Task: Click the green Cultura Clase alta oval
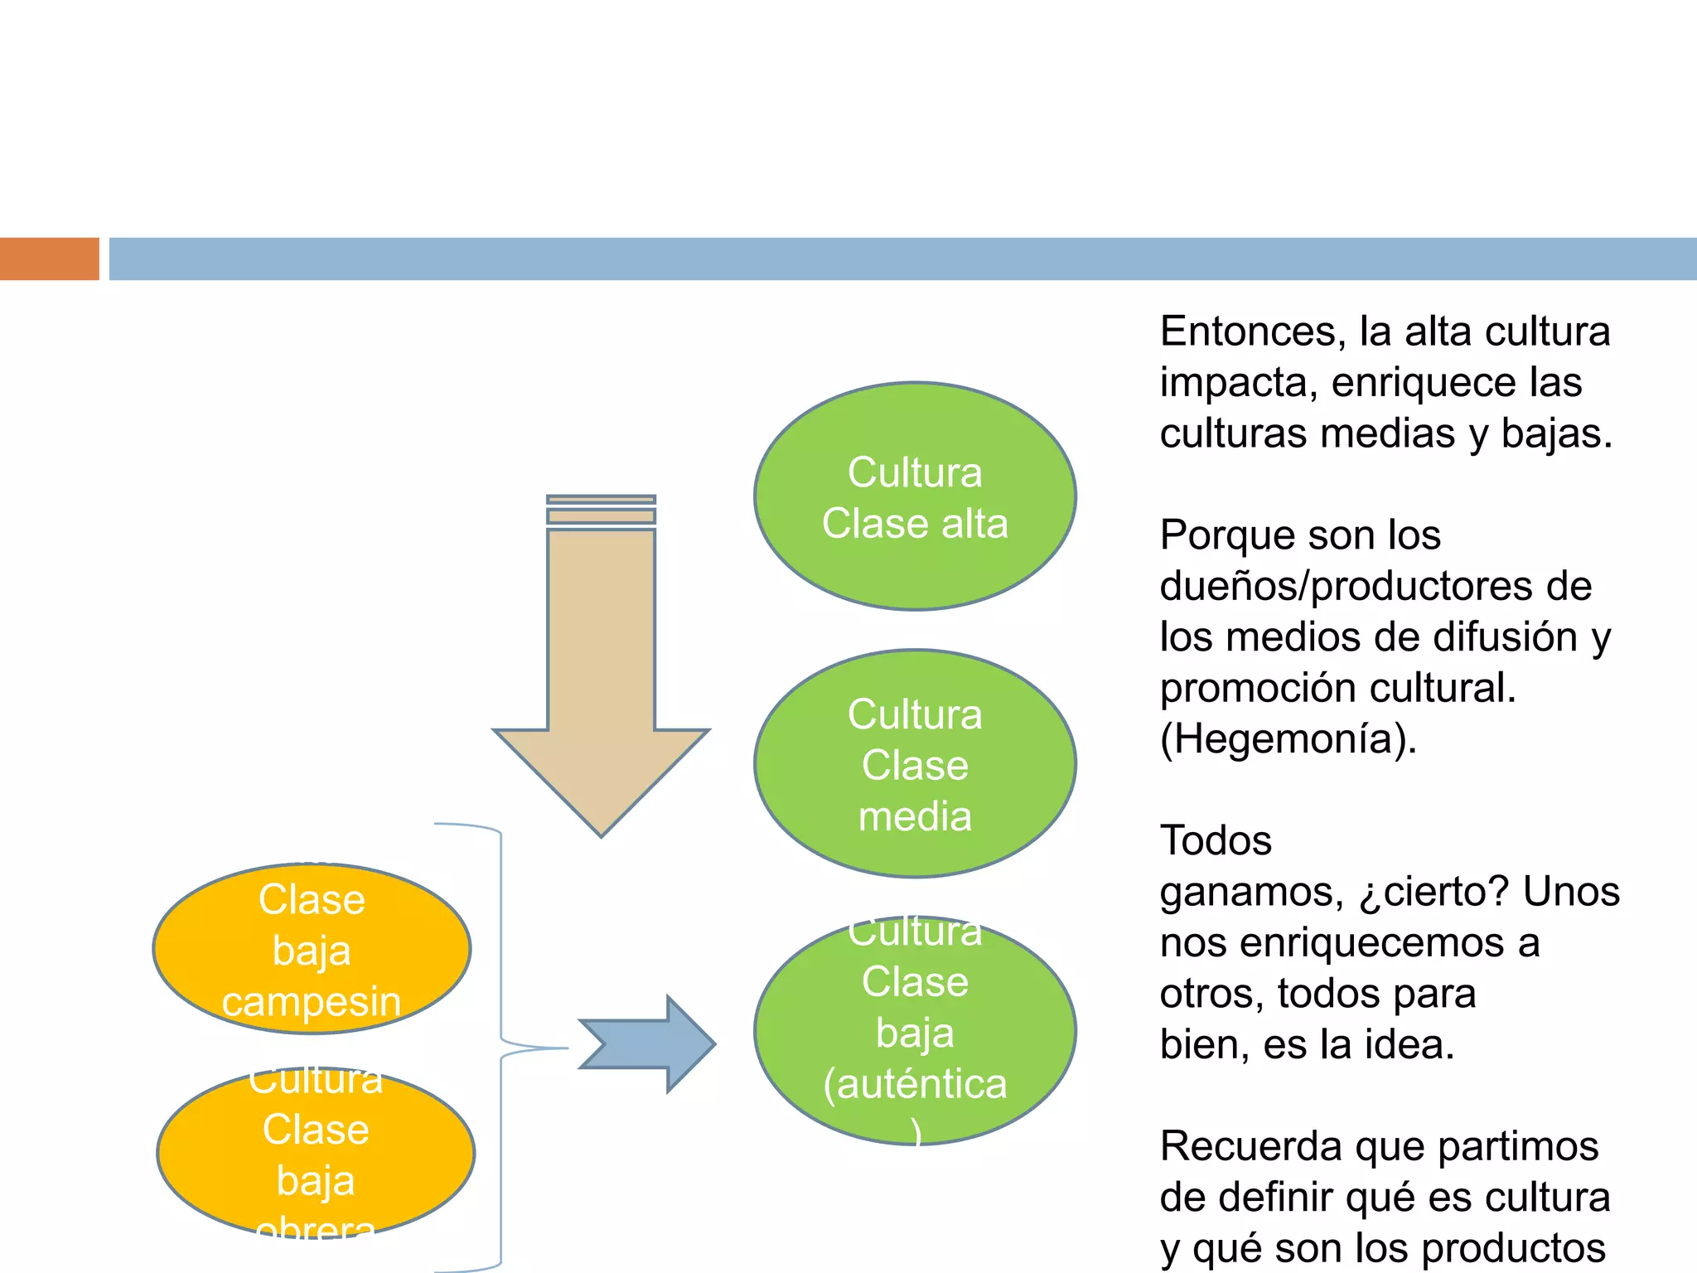pos(915,497)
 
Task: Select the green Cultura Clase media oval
pos(915,763)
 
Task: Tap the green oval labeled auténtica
pos(915,1030)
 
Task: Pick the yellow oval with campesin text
pos(312,949)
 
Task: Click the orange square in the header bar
pos(49,259)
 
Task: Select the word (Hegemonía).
pos(1288,738)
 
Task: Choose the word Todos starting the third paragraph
pos(1216,840)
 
